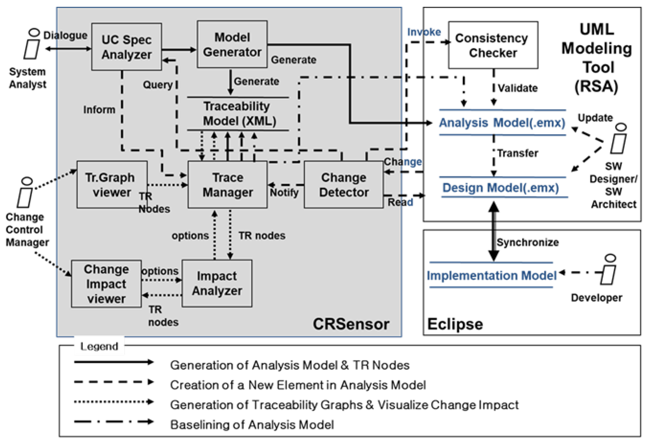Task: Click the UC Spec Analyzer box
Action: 126,47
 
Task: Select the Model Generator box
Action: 232,44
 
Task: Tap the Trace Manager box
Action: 227,185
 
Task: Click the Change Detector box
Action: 344,185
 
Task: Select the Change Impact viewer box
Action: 106,284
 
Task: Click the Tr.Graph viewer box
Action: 112,185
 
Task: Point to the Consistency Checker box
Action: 493,45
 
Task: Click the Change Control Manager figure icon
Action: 25,193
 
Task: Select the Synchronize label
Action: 528,242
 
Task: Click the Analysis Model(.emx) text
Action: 502,123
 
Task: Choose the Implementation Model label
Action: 491,276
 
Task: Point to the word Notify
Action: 284,192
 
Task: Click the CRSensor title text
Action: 351,324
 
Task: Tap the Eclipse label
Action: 455,324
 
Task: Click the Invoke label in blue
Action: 424,32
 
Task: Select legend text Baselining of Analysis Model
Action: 252,425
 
